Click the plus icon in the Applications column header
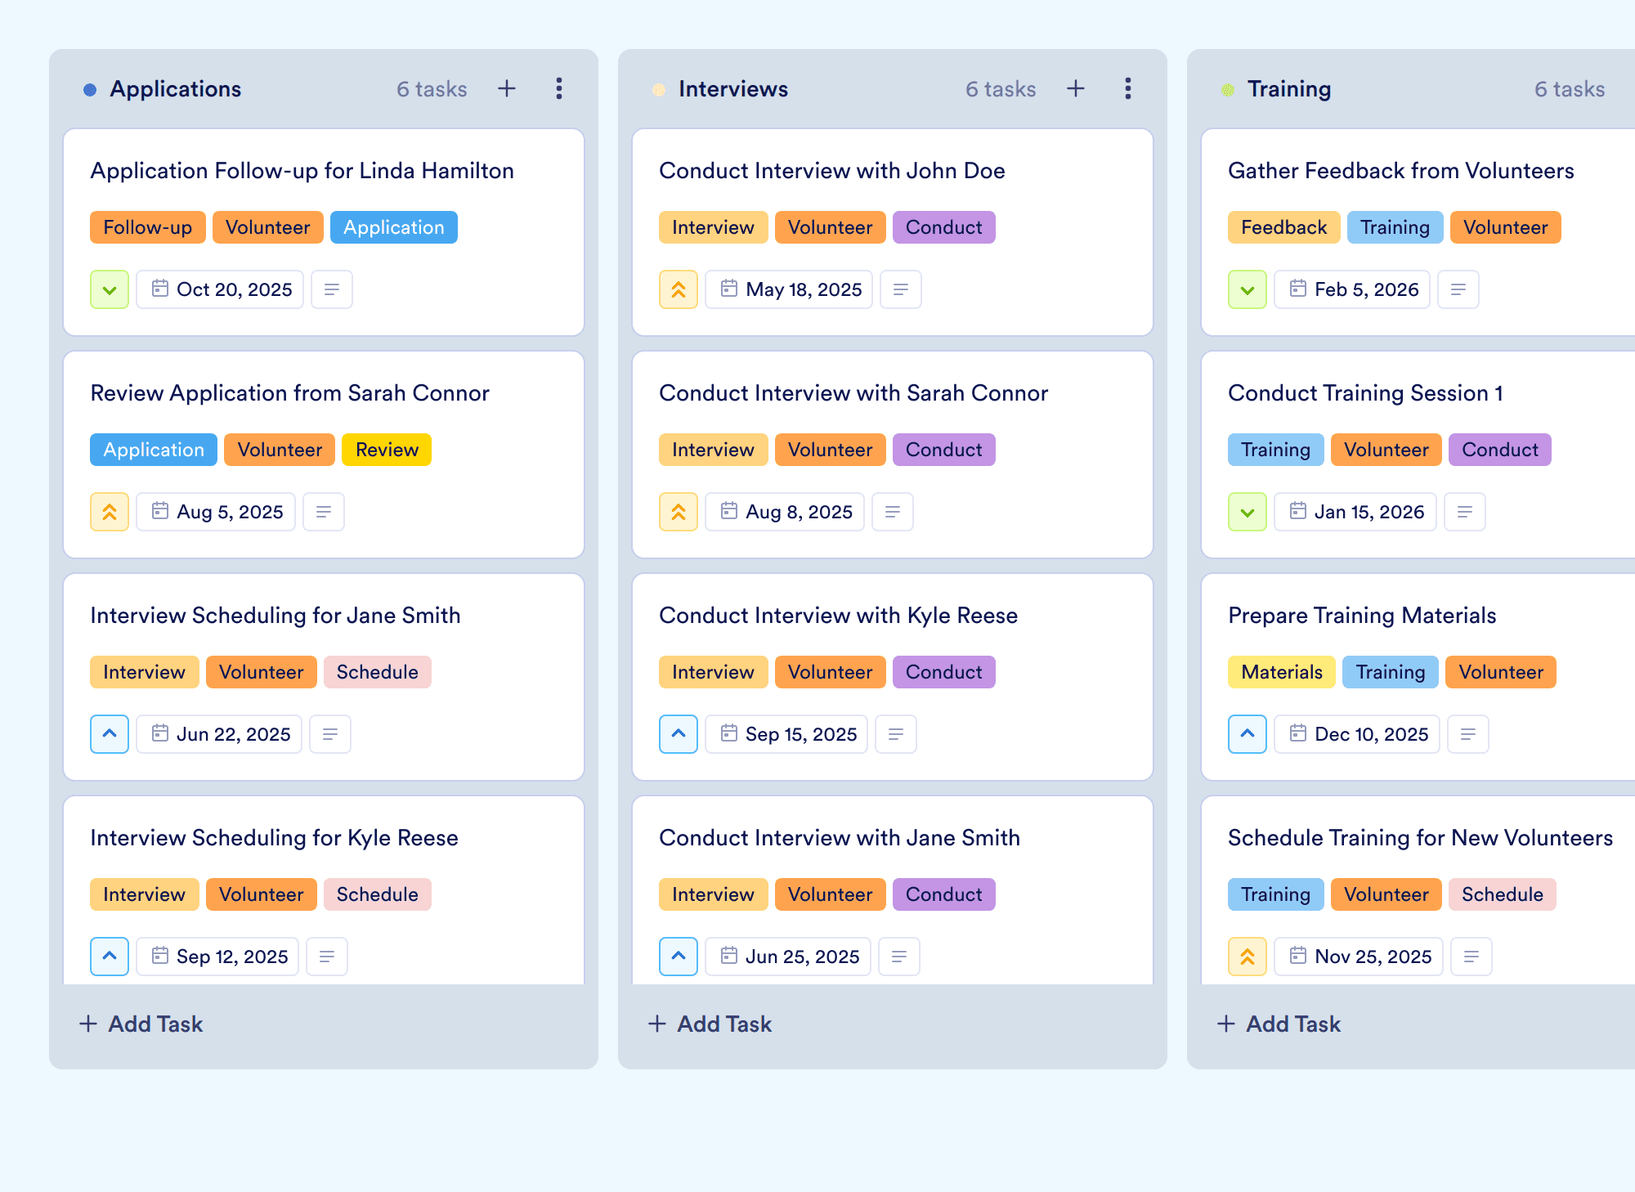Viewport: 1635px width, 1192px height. coord(507,88)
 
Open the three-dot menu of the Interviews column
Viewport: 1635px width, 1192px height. coord(1128,88)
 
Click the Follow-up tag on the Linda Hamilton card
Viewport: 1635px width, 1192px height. coord(148,227)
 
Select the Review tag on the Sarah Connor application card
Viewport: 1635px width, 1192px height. coord(387,450)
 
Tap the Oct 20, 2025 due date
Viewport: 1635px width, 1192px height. coord(220,289)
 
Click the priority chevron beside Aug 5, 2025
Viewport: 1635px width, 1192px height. coord(110,512)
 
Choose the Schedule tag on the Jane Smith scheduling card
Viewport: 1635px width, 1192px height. coord(377,672)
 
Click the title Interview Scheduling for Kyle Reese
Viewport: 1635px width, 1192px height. coord(274,838)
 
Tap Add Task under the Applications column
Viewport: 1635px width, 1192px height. coord(141,1024)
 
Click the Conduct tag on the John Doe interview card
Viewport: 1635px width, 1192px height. coord(943,227)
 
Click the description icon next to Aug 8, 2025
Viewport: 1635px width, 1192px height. coord(893,512)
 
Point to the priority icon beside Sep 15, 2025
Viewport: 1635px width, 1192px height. coord(679,734)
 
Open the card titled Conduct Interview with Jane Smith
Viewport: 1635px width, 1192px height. coord(840,838)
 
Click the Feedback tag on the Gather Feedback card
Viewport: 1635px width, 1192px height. coord(1283,227)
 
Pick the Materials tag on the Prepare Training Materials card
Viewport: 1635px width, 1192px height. coord(1282,672)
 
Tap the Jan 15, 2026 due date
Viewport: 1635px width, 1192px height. coord(1355,512)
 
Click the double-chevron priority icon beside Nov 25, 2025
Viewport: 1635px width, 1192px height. coord(1248,957)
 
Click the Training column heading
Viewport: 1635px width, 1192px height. coord(1289,89)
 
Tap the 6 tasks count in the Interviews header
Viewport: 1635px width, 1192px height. coord(1001,89)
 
